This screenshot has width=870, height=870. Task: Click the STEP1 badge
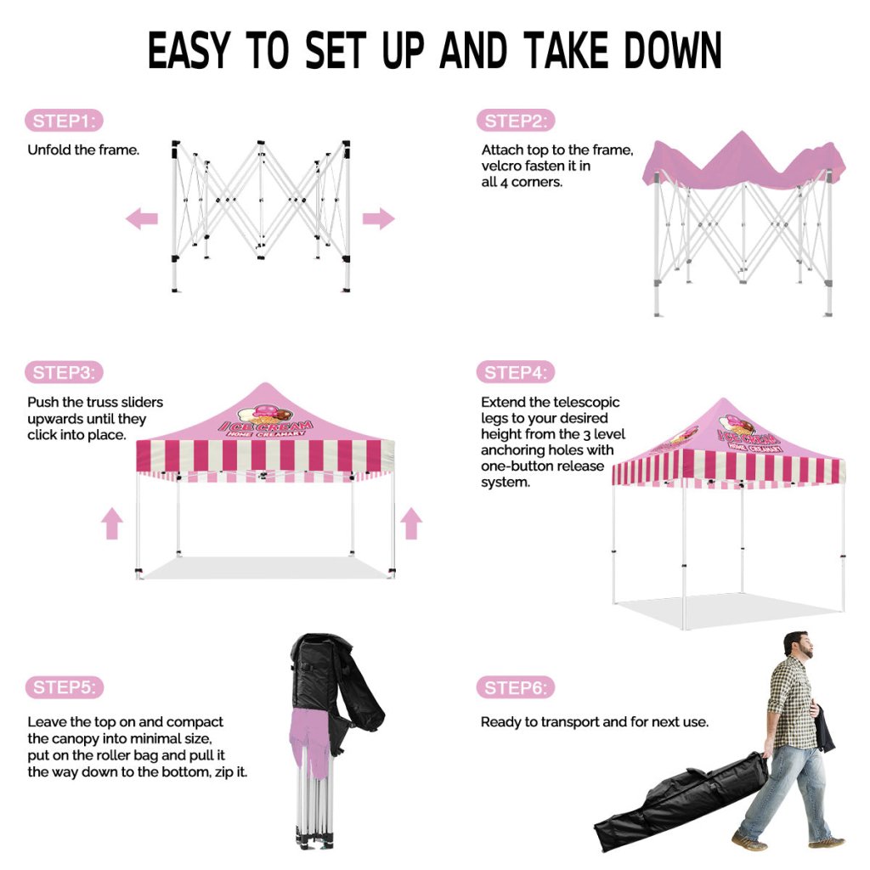pyautogui.click(x=64, y=121)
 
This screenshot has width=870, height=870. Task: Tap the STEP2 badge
pyautogui.click(x=516, y=121)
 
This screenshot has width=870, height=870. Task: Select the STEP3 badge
pyautogui.click(x=64, y=372)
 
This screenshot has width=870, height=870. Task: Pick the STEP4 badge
pyautogui.click(x=516, y=372)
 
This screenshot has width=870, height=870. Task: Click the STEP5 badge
pyautogui.click(x=65, y=686)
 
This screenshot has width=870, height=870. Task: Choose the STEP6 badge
pyautogui.click(x=516, y=687)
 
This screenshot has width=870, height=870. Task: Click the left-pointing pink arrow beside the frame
pyautogui.click(x=142, y=218)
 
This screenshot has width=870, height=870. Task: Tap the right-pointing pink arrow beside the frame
pyautogui.click(x=378, y=218)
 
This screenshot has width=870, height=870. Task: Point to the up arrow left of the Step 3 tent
pyautogui.click(x=112, y=523)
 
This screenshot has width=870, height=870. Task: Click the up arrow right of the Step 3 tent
pyautogui.click(x=411, y=523)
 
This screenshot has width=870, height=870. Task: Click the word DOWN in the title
pyautogui.click(x=672, y=50)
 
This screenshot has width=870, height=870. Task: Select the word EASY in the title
pyautogui.click(x=189, y=50)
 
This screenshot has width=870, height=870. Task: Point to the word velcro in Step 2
pyautogui.click(x=501, y=166)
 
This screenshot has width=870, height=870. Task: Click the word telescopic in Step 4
pyautogui.click(x=586, y=402)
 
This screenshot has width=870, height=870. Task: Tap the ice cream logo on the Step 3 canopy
pyautogui.click(x=265, y=421)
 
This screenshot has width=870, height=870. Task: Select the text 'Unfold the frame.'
pyautogui.click(x=83, y=150)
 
